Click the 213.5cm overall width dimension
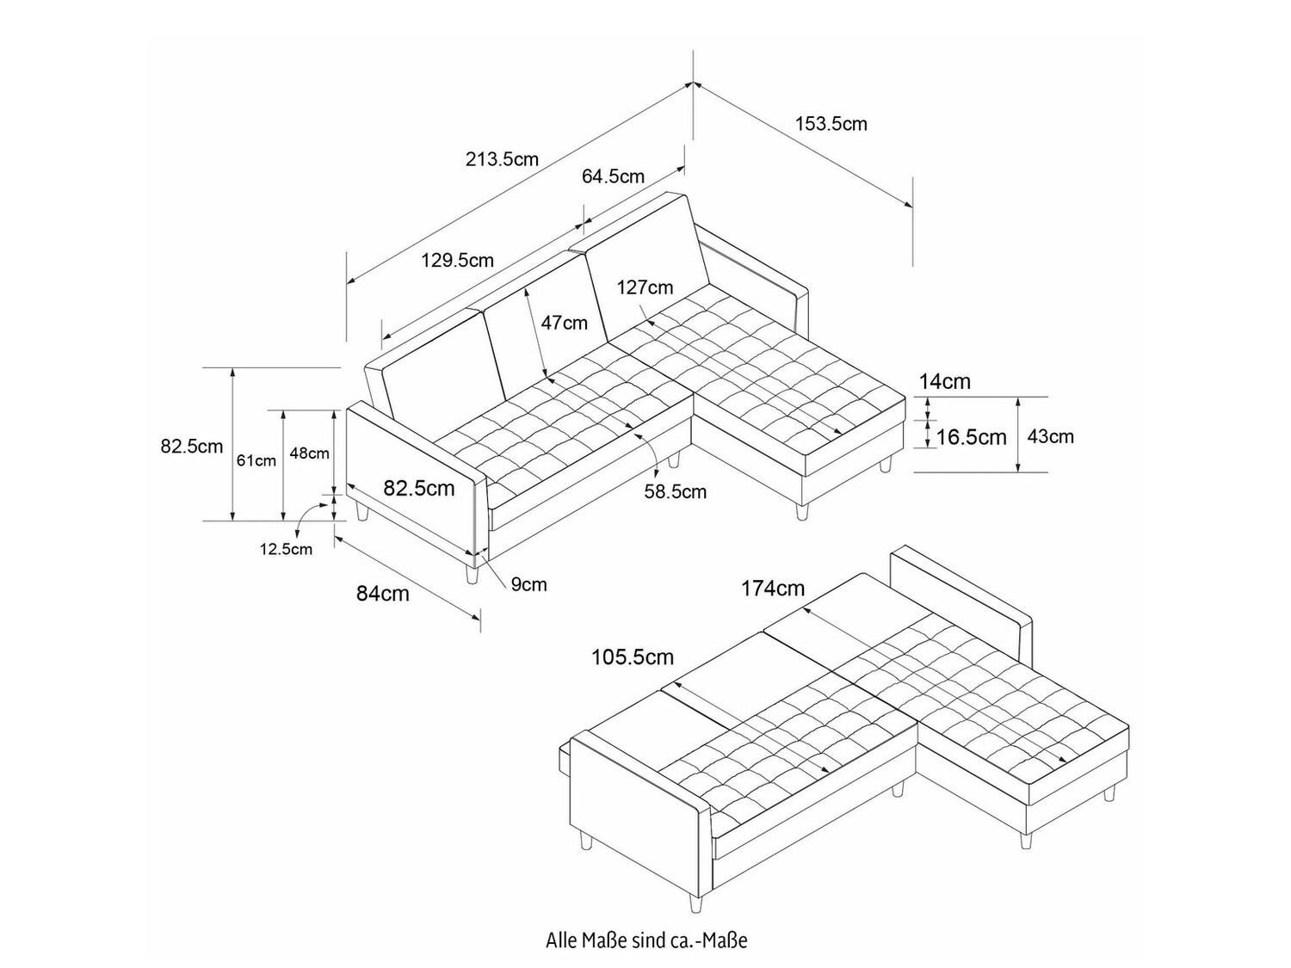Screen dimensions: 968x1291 502,159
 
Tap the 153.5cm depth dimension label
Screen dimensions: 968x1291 831,124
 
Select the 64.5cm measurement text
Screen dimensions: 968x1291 613,176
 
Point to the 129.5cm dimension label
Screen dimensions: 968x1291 457,260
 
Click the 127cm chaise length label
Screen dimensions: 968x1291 645,287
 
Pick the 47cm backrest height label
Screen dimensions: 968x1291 564,323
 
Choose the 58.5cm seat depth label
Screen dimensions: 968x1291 675,491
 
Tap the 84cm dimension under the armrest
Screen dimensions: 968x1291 383,593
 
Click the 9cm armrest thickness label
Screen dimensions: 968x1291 528,584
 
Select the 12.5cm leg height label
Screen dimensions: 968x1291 286,549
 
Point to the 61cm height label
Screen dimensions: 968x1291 256,460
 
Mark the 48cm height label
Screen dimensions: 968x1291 309,453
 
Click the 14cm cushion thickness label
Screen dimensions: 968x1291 944,381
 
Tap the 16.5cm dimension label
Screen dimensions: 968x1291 971,437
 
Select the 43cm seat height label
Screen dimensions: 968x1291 1050,436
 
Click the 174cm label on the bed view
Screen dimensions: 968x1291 773,589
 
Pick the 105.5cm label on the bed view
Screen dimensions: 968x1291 632,657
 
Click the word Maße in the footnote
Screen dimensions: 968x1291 596,940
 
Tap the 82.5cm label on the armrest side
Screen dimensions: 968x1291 418,488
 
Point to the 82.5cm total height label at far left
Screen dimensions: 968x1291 191,446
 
